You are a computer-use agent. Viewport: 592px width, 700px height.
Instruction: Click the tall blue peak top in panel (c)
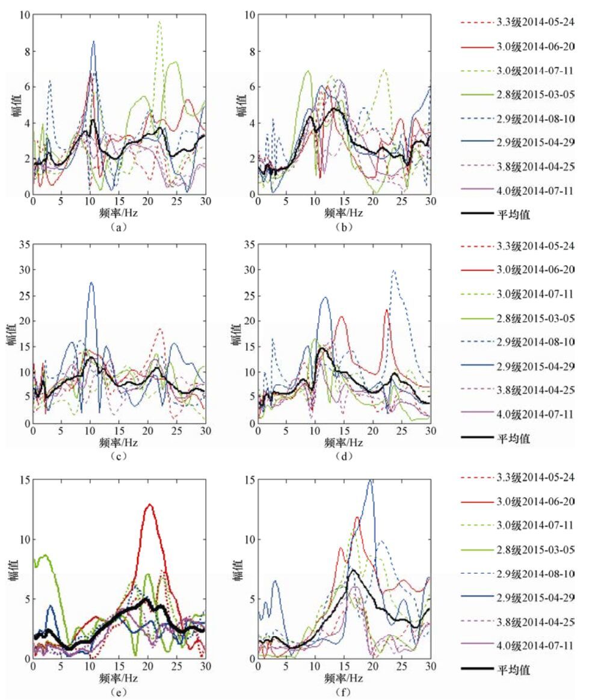coord(91,283)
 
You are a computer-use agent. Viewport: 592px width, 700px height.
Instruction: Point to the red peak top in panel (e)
coord(149,505)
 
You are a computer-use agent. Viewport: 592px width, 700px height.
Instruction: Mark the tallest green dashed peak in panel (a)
coord(159,22)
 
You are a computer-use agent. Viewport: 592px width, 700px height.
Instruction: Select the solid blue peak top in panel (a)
coord(94,41)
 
